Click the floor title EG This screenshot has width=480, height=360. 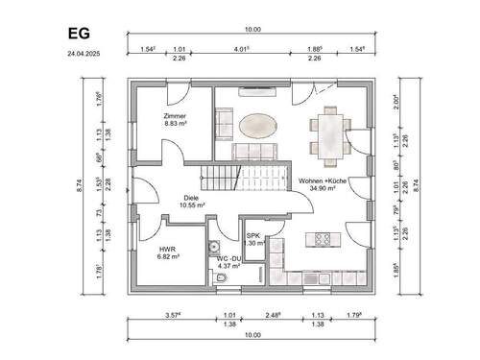(x=79, y=34)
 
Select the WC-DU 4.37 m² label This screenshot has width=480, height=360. (x=228, y=261)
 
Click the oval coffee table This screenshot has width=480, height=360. (x=256, y=126)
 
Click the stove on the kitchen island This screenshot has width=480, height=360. (x=320, y=237)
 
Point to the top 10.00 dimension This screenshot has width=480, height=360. (x=252, y=30)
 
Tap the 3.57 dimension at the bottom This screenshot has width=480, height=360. (x=172, y=314)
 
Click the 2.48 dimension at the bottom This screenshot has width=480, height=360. (x=273, y=314)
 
